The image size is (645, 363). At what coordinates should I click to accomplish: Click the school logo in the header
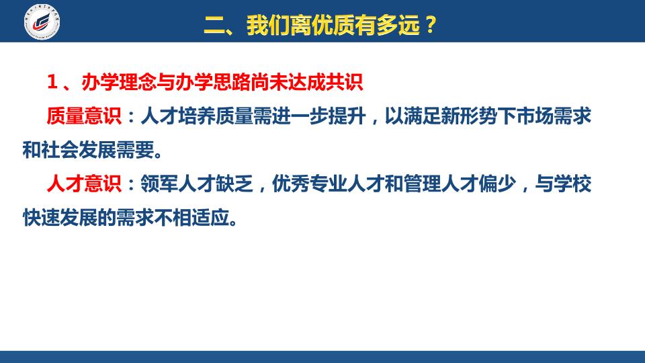pyautogui.click(x=42, y=22)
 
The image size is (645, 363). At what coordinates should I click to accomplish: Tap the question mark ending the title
pyautogui.click(x=431, y=25)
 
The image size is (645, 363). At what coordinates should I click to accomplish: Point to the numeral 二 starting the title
pyautogui.click(x=214, y=26)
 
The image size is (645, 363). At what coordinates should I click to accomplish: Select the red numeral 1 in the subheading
pyautogui.click(x=52, y=82)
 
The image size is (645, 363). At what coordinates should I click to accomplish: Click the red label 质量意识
pyautogui.click(x=84, y=116)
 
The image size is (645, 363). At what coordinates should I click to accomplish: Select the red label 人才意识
pyautogui.click(x=84, y=183)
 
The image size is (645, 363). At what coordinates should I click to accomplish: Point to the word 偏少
pyautogui.click(x=498, y=183)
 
